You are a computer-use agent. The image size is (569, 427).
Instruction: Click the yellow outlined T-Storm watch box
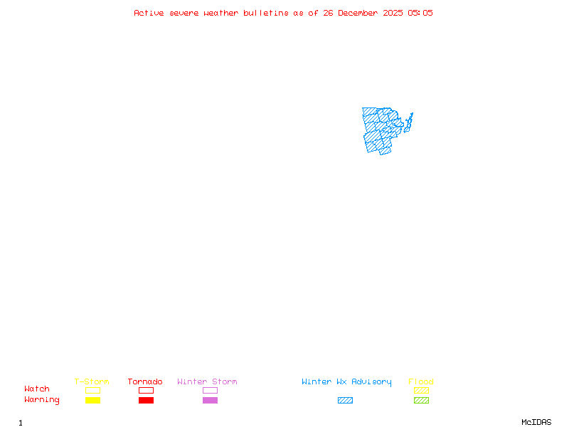[x=92, y=390]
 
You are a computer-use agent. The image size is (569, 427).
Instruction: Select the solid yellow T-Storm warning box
[x=92, y=400]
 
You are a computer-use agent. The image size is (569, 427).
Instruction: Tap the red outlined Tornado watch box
[x=146, y=390]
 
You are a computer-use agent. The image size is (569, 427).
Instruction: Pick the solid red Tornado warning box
[x=146, y=400]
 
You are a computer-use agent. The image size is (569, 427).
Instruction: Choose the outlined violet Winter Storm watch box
[x=210, y=390]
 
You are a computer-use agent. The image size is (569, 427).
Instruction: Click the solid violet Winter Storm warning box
[x=210, y=400]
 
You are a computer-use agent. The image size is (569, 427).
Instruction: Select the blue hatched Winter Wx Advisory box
[x=345, y=400]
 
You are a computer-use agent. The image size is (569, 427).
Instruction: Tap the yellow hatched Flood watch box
[x=421, y=390]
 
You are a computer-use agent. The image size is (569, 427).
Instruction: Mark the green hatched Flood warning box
[x=421, y=400]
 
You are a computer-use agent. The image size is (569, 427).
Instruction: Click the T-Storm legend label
[x=92, y=381]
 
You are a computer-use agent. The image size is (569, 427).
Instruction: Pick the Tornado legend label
[x=145, y=381]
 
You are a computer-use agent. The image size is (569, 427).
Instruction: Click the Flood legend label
[x=421, y=381]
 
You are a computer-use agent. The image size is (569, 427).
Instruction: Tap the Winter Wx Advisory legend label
[x=346, y=381]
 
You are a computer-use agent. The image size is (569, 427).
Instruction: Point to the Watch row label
[x=37, y=389]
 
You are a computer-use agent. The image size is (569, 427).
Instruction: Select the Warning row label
[x=42, y=400]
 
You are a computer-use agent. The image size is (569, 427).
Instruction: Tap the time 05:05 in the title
[x=420, y=13]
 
